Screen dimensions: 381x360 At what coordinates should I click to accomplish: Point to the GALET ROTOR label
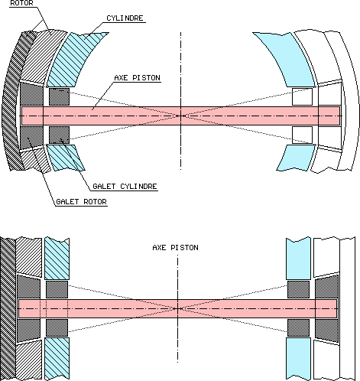(x=80, y=202)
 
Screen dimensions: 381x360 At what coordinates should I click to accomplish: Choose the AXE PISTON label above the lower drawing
(x=175, y=248)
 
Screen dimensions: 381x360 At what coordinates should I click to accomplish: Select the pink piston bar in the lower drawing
(x=229, y=308)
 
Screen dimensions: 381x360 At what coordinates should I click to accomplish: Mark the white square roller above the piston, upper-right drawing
(x=302, y=96)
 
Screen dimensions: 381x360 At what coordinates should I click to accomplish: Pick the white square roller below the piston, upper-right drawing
(x=302, y=134)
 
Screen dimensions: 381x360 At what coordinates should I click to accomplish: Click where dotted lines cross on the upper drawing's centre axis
(x=181, y=115)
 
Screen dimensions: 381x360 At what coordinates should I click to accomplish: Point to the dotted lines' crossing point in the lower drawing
(x=177, y=308)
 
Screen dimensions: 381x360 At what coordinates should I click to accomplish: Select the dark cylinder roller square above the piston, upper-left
(x=59, y=96)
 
